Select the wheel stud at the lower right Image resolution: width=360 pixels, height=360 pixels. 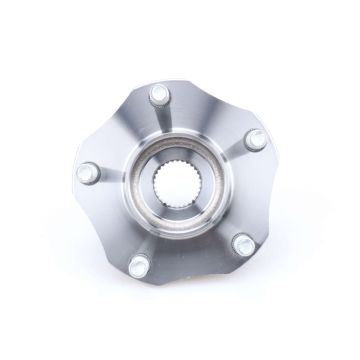click(240, 242)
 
